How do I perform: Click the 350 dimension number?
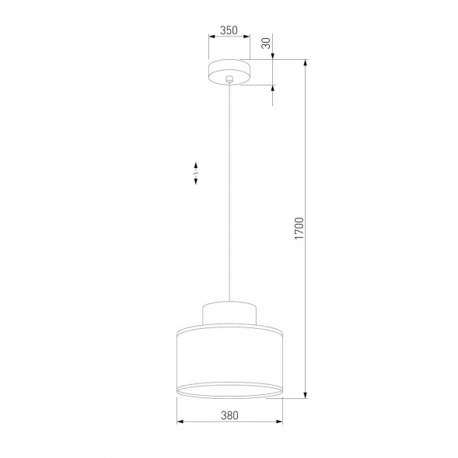(x=228, y=30)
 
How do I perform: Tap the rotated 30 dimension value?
(x=266, y=44)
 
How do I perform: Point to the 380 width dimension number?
(x=229, y=415)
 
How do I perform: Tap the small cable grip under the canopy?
(x=228, y=80)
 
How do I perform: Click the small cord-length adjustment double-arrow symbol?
(x=195, y=173)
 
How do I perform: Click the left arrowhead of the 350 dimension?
(x=211, y=39)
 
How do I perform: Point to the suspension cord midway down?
(x=228, y=194)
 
